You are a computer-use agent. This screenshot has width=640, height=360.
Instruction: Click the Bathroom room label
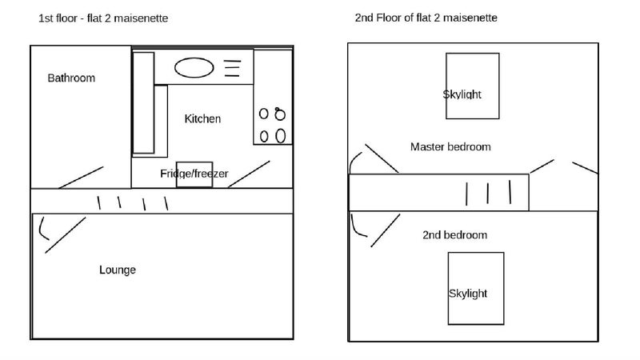(71, 78)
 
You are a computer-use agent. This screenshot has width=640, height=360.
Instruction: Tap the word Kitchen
(202, 118)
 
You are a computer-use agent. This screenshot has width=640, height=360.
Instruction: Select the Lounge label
(118, 270)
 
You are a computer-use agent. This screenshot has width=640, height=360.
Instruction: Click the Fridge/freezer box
(194, 174)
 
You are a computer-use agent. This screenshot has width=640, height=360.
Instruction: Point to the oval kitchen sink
(194, 68)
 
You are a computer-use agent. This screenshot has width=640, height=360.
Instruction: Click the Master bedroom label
(450, 147)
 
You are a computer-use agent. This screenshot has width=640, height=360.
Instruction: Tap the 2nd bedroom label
(454, 235)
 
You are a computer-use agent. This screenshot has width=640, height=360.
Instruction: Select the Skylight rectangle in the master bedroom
(473, 86)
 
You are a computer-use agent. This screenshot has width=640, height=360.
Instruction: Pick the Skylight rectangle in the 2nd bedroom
(476, 289)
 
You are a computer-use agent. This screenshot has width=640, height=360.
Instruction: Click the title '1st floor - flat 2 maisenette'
(103, 18)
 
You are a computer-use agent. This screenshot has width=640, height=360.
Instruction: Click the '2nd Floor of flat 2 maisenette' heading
(426, 18)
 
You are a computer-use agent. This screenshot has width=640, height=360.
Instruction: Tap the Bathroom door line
(81, 178)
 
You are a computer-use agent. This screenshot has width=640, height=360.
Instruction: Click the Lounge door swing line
(66, 235)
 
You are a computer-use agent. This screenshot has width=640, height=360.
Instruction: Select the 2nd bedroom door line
(386, 230)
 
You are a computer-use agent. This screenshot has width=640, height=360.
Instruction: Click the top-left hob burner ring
(264, 114)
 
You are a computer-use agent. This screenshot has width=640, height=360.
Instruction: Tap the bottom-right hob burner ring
(281, 136)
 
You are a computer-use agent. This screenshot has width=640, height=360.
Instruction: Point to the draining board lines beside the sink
(232, 68)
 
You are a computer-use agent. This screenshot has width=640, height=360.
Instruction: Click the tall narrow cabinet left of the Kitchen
(144, 103)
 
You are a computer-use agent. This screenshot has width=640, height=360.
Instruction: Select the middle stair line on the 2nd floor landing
(488, 194)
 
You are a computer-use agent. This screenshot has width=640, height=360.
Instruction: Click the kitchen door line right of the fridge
(249, 174)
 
